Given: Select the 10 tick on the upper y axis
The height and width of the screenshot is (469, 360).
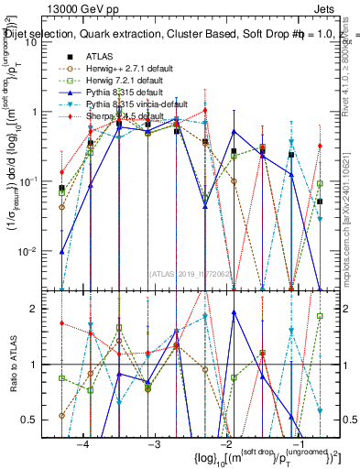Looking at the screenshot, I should (40, 42).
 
